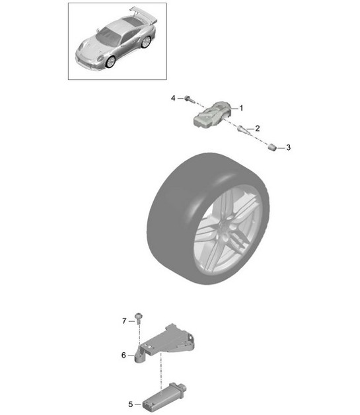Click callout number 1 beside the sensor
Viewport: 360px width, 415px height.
[x=241, y=108]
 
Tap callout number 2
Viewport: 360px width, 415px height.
[x=257, y=128]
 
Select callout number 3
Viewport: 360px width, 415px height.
[x=288, y=147]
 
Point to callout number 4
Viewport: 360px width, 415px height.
[x=173, y=98]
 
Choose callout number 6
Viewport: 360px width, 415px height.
[x=124, y=355]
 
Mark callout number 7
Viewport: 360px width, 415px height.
[x=124, y=321]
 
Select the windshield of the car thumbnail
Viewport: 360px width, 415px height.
[x=108, y=31]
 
